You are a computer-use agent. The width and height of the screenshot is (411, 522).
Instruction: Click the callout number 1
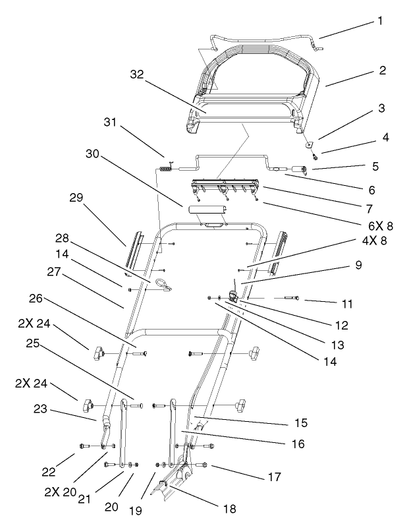(x=379, y=20)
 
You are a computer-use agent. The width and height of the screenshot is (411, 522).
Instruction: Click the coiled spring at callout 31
(x=167, y=168)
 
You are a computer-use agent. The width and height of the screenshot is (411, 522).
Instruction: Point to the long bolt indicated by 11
(x=292, y=299)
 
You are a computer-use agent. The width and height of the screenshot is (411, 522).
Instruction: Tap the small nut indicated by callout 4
(x=315, y=157)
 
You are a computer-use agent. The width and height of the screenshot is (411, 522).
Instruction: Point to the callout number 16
(x=298, y=444)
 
